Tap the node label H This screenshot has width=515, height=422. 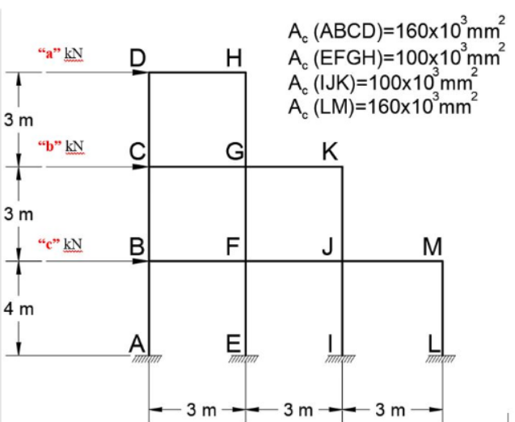(x=234, y=58)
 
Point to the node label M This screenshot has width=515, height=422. (x=432, y=247)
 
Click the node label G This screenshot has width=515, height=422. (x=234, y=152)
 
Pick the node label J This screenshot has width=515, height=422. (x=331, y=247)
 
